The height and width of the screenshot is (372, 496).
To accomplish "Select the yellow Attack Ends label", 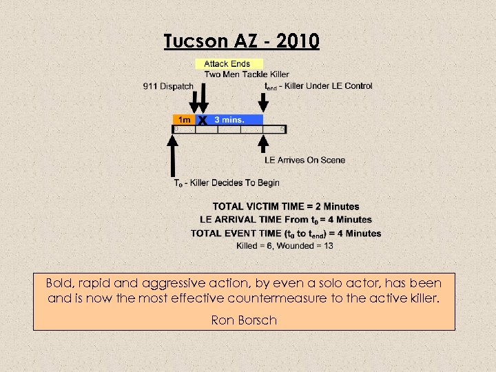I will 227,64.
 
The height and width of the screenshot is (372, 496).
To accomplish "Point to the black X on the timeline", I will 203,120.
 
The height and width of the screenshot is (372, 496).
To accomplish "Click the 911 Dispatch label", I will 168,86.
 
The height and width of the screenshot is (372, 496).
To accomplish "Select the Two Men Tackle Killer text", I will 247,74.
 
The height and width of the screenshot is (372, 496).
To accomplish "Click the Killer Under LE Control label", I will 324,86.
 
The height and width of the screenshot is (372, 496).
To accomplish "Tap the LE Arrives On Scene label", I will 304,160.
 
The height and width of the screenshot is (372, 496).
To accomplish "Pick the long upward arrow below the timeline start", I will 173,155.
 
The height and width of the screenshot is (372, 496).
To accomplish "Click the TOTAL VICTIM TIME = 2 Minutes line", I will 285,207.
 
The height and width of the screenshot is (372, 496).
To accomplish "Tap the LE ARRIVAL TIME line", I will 285,220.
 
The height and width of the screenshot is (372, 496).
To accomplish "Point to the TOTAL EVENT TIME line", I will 285,233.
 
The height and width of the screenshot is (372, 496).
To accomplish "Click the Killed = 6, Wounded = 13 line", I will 285,245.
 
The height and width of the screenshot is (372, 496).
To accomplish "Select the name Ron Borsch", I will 244,320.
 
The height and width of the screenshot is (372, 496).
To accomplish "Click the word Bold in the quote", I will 61,283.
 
